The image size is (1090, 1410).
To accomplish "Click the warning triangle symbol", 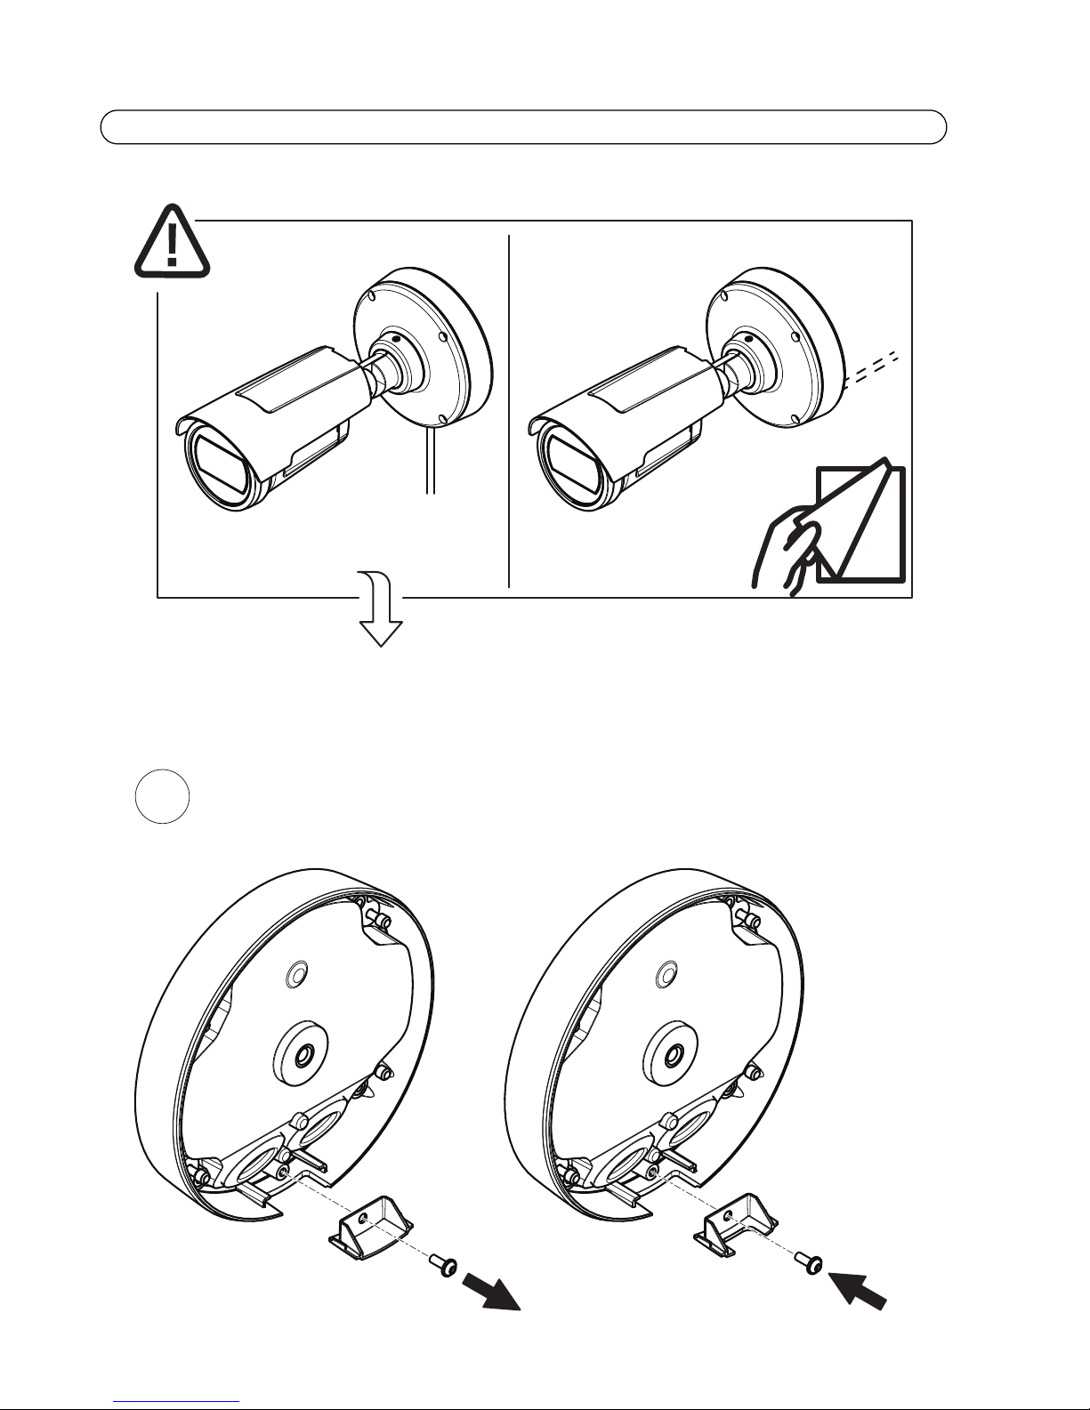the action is [x=172, y=242].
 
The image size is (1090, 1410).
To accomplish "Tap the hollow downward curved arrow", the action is [x=380, y=613].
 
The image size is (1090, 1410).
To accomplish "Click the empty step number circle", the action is [x=164, y=796].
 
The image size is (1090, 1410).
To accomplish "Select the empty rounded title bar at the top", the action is [x=522, y=127].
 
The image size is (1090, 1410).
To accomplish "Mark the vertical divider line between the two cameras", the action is [x=509, y=409].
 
